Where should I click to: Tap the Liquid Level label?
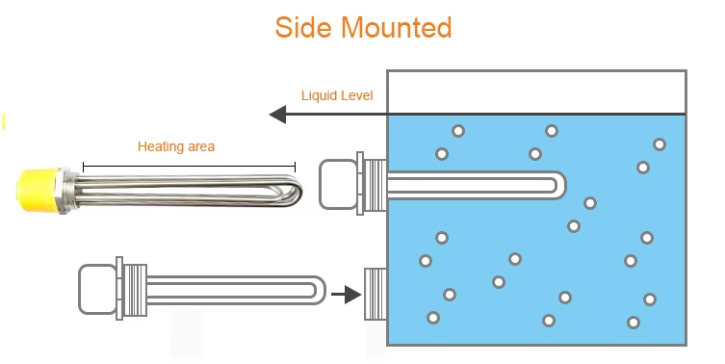337,95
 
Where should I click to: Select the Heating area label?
176,147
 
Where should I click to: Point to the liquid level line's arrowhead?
277,115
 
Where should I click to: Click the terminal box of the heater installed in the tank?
337,183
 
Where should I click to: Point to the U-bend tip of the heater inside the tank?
556,183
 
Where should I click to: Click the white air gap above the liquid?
535,92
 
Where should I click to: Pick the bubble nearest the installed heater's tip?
590,203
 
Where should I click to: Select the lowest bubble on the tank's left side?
433,318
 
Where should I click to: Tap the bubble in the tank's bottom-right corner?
634,323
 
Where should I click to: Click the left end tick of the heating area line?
84,167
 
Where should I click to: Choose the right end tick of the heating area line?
295,167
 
